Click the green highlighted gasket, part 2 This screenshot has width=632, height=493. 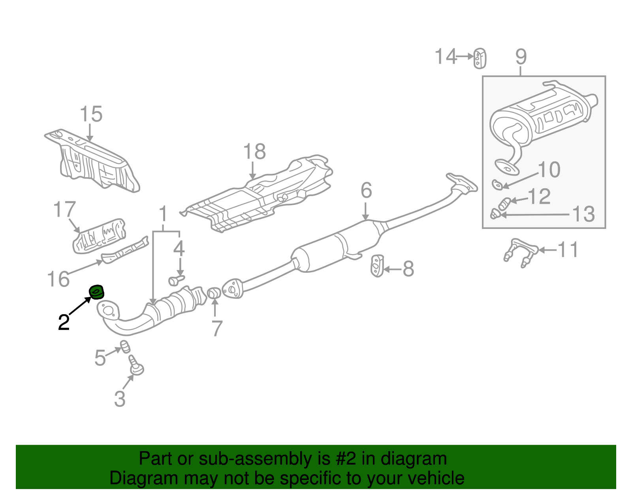[96, 292]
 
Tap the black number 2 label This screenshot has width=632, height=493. [64, 322]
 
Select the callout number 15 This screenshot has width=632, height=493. [91, 114]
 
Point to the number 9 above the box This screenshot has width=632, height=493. [521, 57]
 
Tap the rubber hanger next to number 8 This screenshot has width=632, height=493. [377, 266]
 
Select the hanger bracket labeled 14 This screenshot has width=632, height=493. [480, 58]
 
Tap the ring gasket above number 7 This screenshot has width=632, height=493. [214, 293]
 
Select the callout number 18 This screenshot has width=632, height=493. [254, 152]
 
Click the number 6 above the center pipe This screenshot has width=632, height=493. [366, 191]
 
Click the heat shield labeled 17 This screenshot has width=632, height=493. [100, 236]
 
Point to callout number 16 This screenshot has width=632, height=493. [58, 279]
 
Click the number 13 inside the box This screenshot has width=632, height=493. [583, 214]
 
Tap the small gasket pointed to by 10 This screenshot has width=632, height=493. [497, 184]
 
